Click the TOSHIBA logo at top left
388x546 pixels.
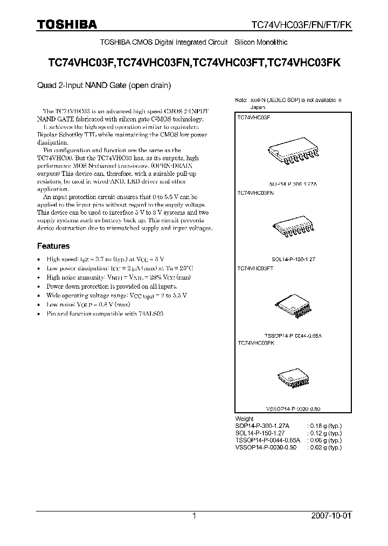(67, 24)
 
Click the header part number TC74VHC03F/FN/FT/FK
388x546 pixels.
(302, 25)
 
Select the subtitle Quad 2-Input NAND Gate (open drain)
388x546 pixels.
(104, 85)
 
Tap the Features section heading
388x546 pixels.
(53, 246)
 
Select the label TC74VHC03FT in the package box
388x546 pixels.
(255, 268)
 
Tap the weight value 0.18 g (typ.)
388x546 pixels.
(324, 426)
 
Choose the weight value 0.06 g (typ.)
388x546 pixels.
(324, 440)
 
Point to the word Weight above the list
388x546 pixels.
(245, 419)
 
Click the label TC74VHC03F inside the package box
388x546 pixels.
(254, 117)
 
